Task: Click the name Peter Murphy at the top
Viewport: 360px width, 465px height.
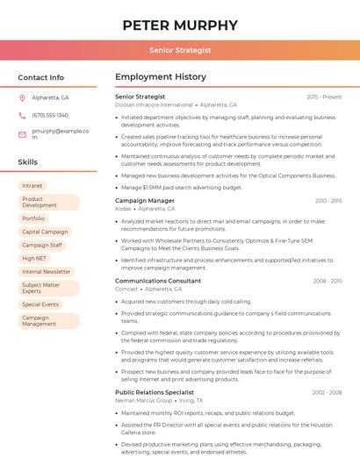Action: coord(180,25)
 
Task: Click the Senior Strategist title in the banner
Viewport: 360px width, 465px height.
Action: coord(180,50)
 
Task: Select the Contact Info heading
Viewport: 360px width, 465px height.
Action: coord(41,77)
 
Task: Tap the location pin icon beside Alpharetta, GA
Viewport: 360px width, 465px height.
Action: coord(22,97)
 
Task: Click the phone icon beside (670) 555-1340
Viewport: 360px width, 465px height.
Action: coord(22,115)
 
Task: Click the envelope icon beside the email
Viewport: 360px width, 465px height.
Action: coord(22,133)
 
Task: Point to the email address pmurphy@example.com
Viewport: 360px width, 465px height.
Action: coord(61,133)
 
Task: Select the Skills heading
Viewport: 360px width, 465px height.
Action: coord(28,162)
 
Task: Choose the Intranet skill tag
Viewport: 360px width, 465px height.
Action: coord(32,186)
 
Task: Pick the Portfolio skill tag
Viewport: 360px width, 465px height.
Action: coord(33,218)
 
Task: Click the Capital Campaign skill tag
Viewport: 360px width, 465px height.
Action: coord(44,232)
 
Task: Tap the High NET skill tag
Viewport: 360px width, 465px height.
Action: coord(34,258)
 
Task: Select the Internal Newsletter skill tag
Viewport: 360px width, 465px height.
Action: coord(46,272)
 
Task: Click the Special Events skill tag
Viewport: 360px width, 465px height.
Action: coord(40,304)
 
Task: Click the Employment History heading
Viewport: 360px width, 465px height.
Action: coord(161,77)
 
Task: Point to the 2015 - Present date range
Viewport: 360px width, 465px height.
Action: coord(324,97)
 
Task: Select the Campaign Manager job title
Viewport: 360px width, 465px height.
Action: coord(145,201)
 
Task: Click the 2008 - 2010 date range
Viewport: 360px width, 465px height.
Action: coord(328,281)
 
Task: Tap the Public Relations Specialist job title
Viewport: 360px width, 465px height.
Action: coord(155,392)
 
